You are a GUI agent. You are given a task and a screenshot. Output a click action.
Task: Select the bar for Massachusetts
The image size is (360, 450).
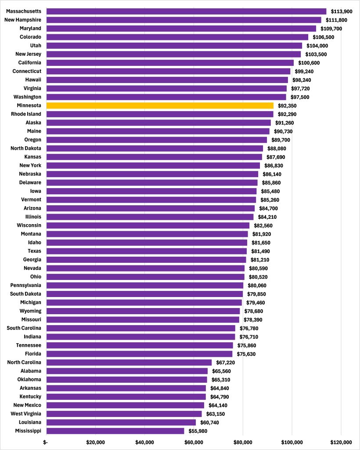[186, 11]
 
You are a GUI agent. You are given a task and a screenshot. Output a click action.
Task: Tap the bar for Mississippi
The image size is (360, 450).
[115, 431]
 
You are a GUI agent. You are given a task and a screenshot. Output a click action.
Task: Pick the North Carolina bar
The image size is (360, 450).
[129, 362]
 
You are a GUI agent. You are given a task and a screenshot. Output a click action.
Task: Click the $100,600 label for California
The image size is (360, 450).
[310, 63]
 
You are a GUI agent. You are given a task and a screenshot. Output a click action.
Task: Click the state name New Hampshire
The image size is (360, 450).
[22, 20]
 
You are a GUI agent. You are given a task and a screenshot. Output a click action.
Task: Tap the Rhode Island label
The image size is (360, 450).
[26, 114]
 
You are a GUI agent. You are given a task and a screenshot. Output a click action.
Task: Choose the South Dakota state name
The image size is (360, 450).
[25, 294]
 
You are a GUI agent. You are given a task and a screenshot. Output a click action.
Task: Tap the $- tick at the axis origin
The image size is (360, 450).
[46, 442]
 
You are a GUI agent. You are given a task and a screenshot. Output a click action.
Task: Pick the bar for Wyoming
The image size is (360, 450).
[143, 311]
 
